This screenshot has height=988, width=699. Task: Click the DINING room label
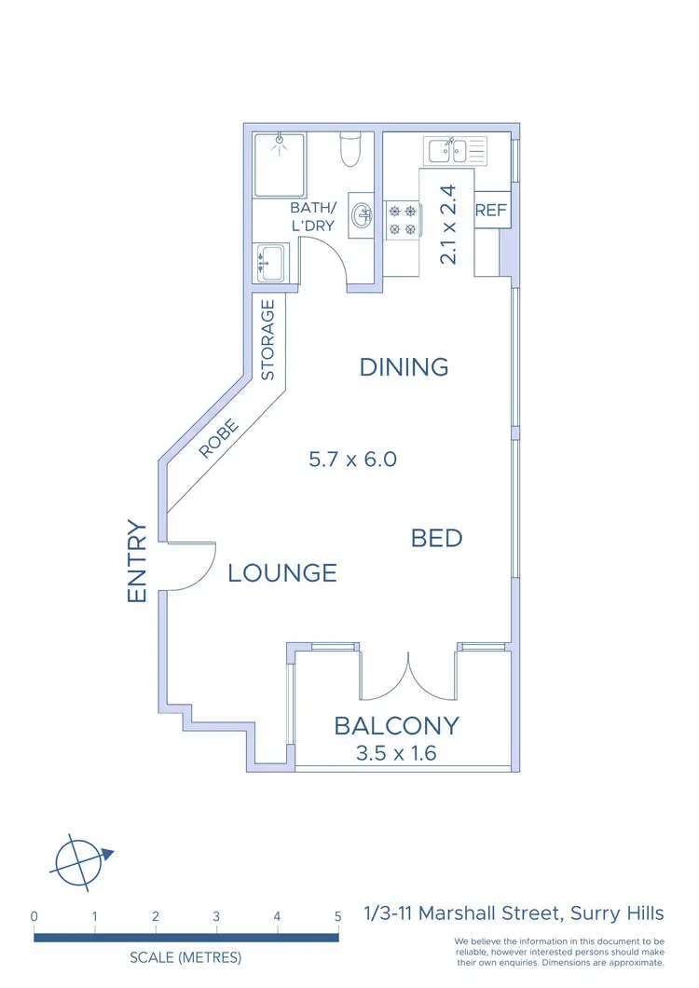(404, 367)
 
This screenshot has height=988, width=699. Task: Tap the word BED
(436, 538)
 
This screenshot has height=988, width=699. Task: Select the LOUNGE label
(281, 572)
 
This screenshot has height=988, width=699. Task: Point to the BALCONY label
(396, 725)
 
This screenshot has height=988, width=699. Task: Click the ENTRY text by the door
(138, 560)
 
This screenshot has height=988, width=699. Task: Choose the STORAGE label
(268, 339)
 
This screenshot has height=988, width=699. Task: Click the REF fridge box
(490, 211)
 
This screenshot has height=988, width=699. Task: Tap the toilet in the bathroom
(350, 149)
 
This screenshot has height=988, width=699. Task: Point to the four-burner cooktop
(403, 221)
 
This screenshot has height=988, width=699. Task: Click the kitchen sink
(455, 149)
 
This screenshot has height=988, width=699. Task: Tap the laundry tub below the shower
(270, 262)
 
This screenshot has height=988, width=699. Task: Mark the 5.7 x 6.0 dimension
(352, 460)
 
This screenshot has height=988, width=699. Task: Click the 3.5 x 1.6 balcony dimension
(396, 753)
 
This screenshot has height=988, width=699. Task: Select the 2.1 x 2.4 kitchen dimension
(449, 225)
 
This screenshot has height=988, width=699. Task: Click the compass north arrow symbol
(81, 860)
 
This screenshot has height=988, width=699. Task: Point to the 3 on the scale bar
(216, 916)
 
